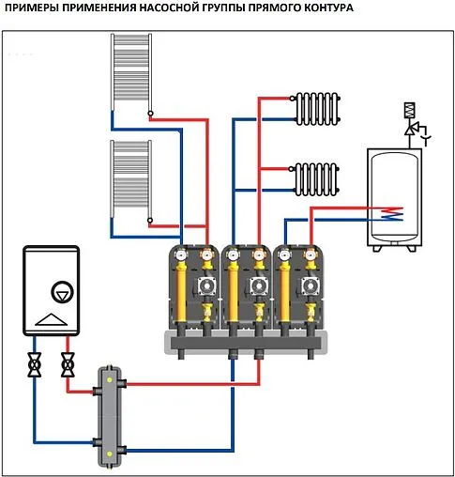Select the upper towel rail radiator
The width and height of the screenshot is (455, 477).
click(x=131, y=72)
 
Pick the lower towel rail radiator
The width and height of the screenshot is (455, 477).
click(x=131, y=179)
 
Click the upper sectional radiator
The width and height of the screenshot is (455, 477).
click(x=317, y=109)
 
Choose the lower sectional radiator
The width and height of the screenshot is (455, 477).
click(x=316, y=179)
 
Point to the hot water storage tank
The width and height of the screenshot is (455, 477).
click(x=394, y=199)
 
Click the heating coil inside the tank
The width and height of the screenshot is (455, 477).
click(x=392, y=214)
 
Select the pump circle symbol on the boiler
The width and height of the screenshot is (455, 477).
click(x=62, y=293)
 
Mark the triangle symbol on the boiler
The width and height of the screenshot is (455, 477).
click(x=51, y=319)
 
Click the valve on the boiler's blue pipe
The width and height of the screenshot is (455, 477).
click(x=35, y=364)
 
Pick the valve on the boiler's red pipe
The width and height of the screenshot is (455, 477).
click(x=68, y=364)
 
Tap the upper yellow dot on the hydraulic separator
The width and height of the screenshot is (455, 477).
click(x=109, y=380)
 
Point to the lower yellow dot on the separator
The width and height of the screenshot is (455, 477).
click(x=109, y=454)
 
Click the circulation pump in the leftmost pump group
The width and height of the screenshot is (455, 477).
click(x=206, y=286)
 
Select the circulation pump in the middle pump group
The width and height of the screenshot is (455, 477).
click(x=258, y=286)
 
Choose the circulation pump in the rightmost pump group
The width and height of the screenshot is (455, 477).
click(x=311, y=286)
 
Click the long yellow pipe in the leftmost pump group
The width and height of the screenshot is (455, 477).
click(x=182, y=292)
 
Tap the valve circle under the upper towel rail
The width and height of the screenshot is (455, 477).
click(x=151, y=114)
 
